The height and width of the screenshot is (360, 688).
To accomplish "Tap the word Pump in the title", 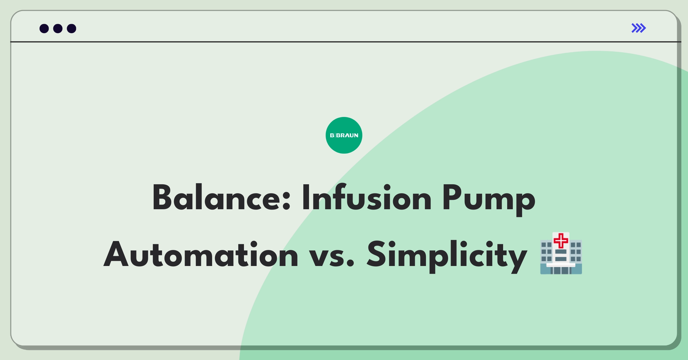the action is pyautogui.click(x=489, y=200).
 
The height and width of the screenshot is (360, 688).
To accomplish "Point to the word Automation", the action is pyautogui.click(x=201, y=254).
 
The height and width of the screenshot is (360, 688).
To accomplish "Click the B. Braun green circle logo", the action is pyautogui.click(x=344, y=135).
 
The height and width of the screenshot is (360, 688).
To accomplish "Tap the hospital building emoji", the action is pyautogui.click(x=561, y=253).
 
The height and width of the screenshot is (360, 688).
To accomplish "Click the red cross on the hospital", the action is pyautogui.click(x=561, y=240).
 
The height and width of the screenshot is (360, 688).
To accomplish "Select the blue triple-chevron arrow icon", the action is pyautogui.click(x=639, y=28).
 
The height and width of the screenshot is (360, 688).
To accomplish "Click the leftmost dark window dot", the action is pyautogui.click(x=44, y=28).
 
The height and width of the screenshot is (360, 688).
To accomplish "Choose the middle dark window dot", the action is pyautogui.click(x=58, y=28).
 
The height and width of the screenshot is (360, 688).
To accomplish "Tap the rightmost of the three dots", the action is pyautogui.click(x=72, y=28).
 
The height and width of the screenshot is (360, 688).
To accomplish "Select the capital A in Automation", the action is pyautogui.click(x=116, y=254).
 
